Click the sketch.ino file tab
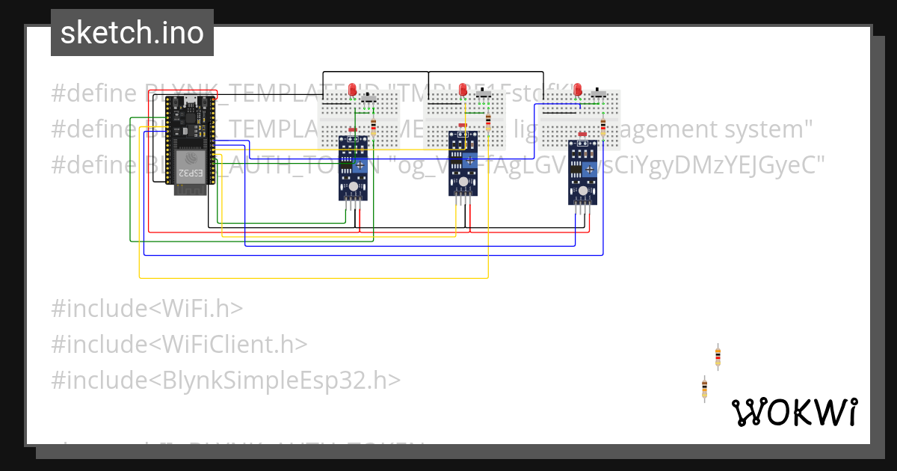[x=132, y=33]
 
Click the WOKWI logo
[x=794, y=412]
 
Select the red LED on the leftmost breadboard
[x=353, y=90]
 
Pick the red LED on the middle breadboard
[x=463, y=90]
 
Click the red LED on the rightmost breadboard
[x=578, y=90]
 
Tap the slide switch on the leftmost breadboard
[x=369, y=97]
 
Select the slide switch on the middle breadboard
[x=485, y=96]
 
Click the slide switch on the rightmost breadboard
[x=599, y=95]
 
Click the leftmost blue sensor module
[x=352, y=168]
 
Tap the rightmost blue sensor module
[x=582, y=172]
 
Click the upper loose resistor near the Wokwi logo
[x=718, y=357]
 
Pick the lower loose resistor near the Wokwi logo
[x=704, y=388]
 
